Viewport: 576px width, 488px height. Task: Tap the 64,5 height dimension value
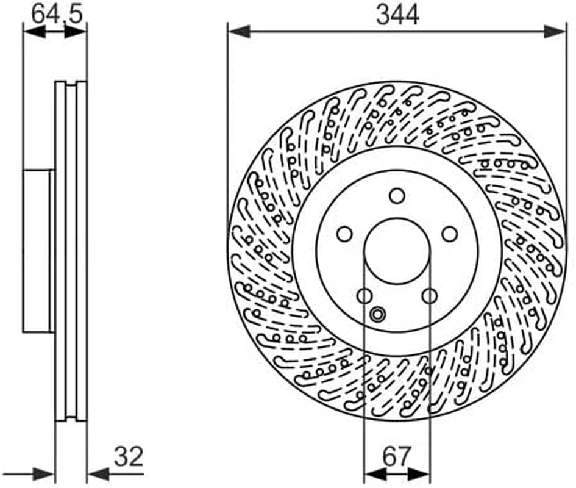[x=57, y=15]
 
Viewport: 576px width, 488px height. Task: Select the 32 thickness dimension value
[x=128, y=456]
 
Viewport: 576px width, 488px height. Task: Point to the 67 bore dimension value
[x=397, y=457]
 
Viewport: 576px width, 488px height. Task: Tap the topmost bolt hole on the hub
[x=397, y=196]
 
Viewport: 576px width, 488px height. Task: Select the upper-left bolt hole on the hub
[x=344, y=234]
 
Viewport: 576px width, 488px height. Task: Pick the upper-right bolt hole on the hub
[x=450, y=234]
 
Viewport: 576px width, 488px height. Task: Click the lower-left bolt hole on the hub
[x=364, y=296]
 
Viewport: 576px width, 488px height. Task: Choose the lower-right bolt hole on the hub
[x=430, y=296]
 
